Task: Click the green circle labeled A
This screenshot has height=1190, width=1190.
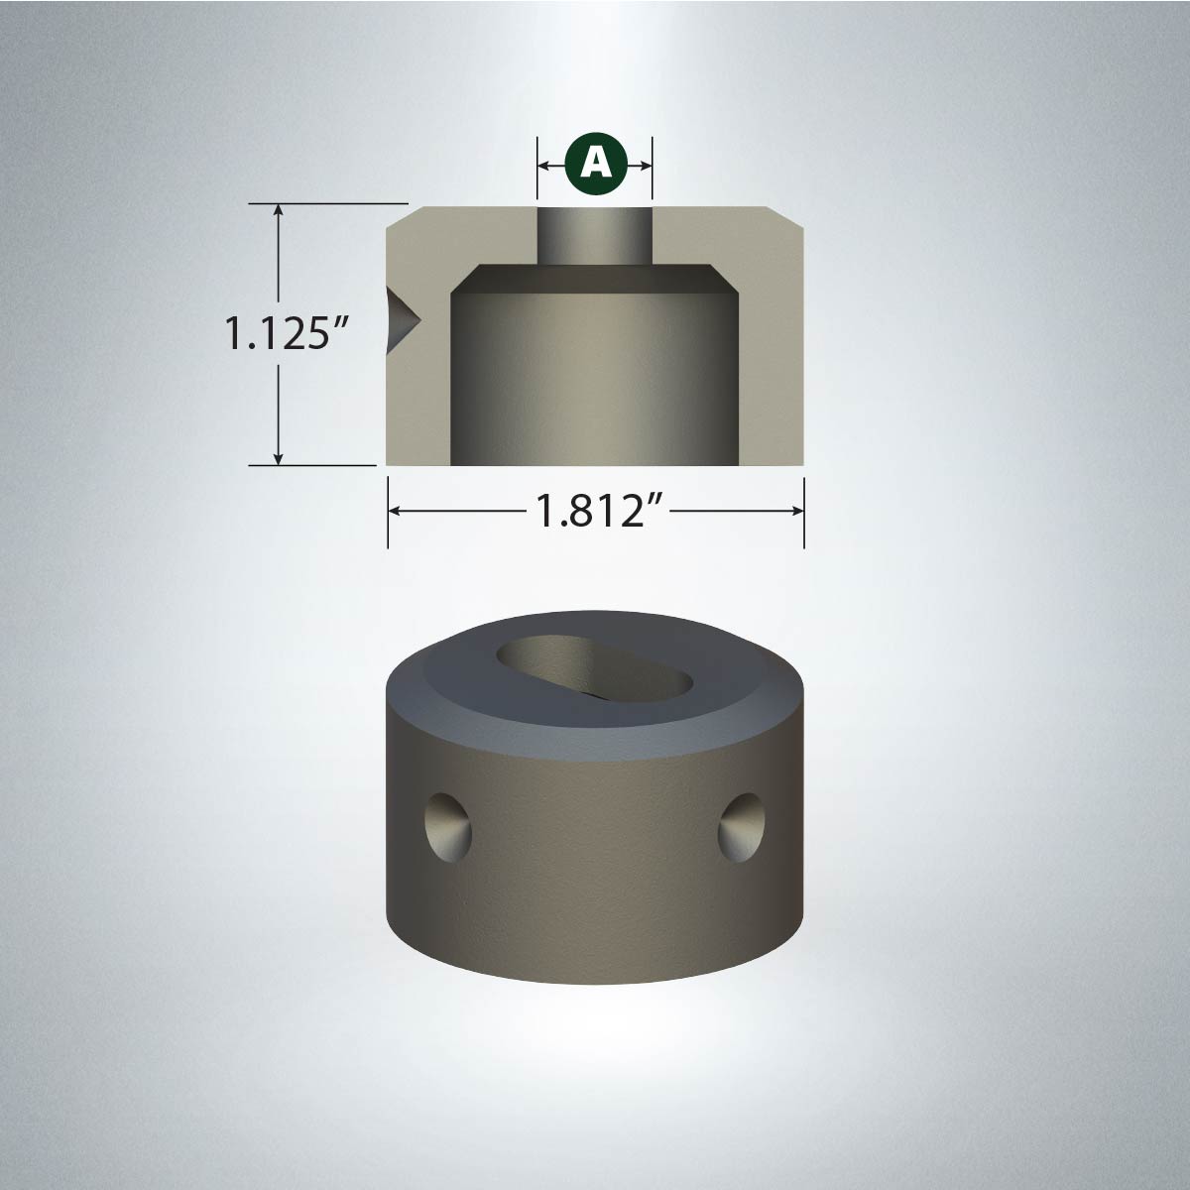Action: (596, 165)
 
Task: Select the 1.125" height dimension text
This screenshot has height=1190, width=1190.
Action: (288, 333)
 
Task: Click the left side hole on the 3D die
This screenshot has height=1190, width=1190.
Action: (448, 829)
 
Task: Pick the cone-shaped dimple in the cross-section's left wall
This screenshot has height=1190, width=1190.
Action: (402, 320)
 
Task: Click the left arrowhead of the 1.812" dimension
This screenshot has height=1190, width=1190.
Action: (397, 511)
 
